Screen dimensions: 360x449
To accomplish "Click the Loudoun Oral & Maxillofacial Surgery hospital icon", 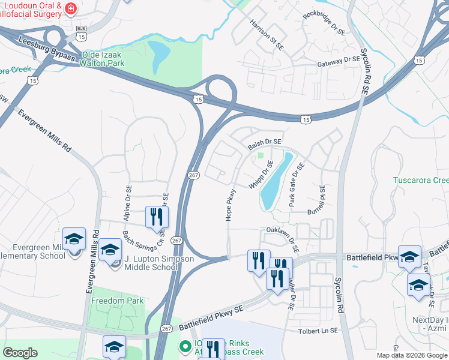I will [71, 8].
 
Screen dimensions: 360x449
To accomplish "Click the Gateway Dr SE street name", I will [338, 61].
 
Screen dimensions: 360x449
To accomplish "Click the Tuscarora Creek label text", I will [420, 180].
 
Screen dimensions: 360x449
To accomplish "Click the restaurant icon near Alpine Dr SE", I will [157, 217].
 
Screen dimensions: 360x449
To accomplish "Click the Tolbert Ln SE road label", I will [319, 331].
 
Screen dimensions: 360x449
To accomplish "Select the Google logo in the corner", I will [20, 353].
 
